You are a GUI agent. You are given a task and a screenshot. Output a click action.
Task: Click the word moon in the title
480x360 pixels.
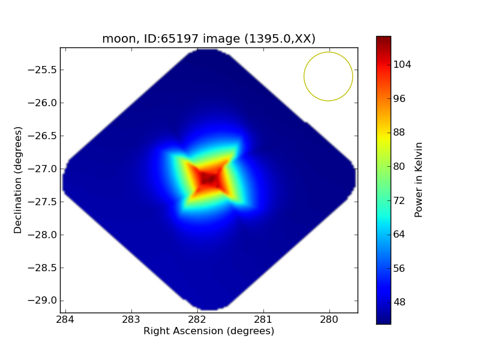(115, 39)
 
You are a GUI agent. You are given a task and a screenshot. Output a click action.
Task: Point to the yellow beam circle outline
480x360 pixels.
(304, 77)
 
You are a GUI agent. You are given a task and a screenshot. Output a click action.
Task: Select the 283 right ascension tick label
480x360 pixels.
(131, 319)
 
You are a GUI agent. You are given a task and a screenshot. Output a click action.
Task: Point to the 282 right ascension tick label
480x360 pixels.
(197, 319)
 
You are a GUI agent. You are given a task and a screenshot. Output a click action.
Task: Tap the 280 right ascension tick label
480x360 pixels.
(329, 319)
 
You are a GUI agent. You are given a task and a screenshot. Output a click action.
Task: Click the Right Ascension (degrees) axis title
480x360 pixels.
(209, 331)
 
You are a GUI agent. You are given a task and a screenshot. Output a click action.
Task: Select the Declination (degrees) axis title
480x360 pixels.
(18, 180)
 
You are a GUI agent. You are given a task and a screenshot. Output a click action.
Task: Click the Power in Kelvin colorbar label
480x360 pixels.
(419, 179)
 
